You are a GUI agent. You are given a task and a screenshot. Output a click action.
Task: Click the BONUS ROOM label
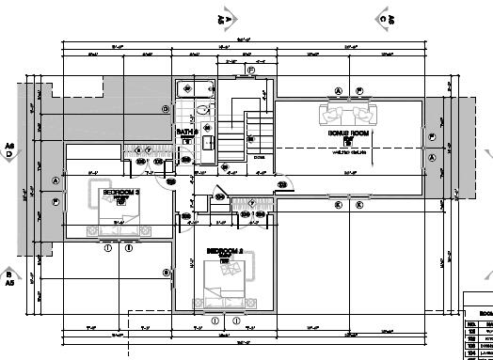tap(345, 133)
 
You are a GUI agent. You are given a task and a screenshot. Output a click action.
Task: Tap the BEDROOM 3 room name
tap(120, 192)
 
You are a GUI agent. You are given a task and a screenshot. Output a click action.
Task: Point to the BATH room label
tap(188, 133)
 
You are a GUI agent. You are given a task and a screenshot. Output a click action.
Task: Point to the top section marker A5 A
tap(225, 18)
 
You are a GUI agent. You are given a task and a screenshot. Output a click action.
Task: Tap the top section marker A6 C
tap(385, 18)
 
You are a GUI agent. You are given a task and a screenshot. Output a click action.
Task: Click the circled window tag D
tap(166, 110)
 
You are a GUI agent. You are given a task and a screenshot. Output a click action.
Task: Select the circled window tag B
tap(167, 273)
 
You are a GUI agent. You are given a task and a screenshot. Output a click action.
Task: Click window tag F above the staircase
tap(250, 70)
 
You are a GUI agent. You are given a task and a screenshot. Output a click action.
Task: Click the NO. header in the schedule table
tap(472, 323)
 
